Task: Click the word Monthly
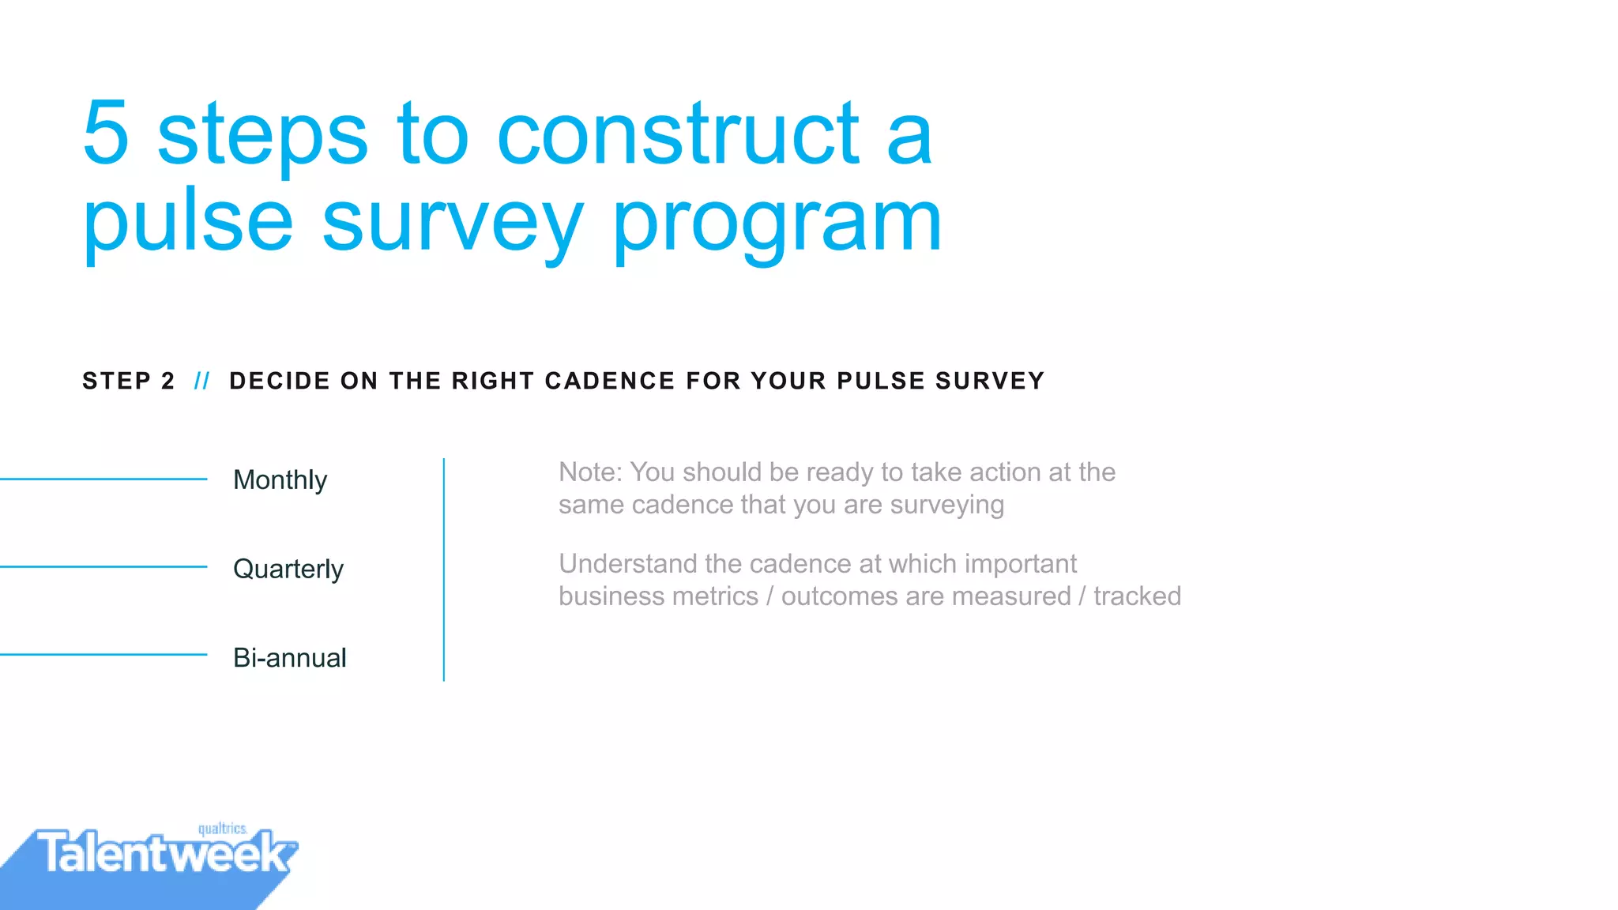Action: coord(280,480)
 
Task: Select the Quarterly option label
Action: coord(288,570)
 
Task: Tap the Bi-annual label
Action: coord(289,658)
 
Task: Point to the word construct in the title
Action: coord(678,134)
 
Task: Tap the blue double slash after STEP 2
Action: coord(202,382)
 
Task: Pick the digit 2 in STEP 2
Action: coord(167,382)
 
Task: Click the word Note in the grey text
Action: coord(589,472)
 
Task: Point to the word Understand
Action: coord(627,564)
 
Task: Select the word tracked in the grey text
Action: coord(1137,596)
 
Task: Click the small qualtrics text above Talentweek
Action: coord(222,829)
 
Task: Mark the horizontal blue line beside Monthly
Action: coord(103,479)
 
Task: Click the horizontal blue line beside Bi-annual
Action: coord(103,654)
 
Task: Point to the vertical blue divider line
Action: coord(444,569)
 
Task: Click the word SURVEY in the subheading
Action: coord(990,382)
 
